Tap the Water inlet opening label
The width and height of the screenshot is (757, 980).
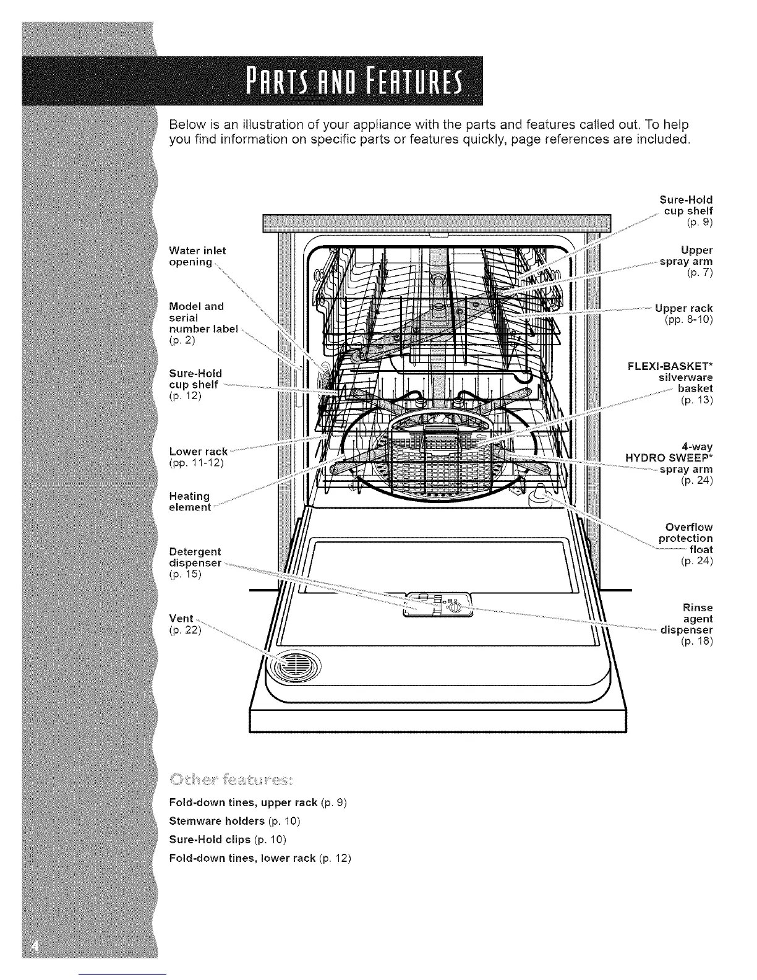tap(197, 256)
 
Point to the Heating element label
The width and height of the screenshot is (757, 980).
tap(190, 502)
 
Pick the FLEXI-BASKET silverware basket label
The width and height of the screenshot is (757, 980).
tap(670, 382)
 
